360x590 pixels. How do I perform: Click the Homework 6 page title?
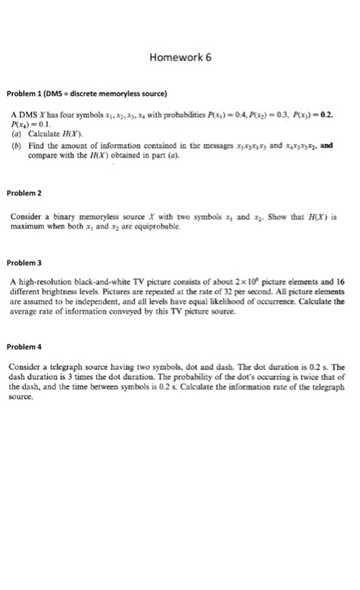[179, 58]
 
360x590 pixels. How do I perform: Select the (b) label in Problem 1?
[17, 144]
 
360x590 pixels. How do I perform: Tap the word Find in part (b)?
[36, 144]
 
